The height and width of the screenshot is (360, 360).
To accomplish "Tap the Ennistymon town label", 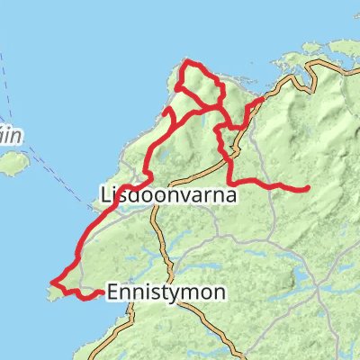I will [166, 292].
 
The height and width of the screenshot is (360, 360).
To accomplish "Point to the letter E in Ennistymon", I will [112, 292].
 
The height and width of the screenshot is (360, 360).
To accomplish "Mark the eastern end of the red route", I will [309, 188].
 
